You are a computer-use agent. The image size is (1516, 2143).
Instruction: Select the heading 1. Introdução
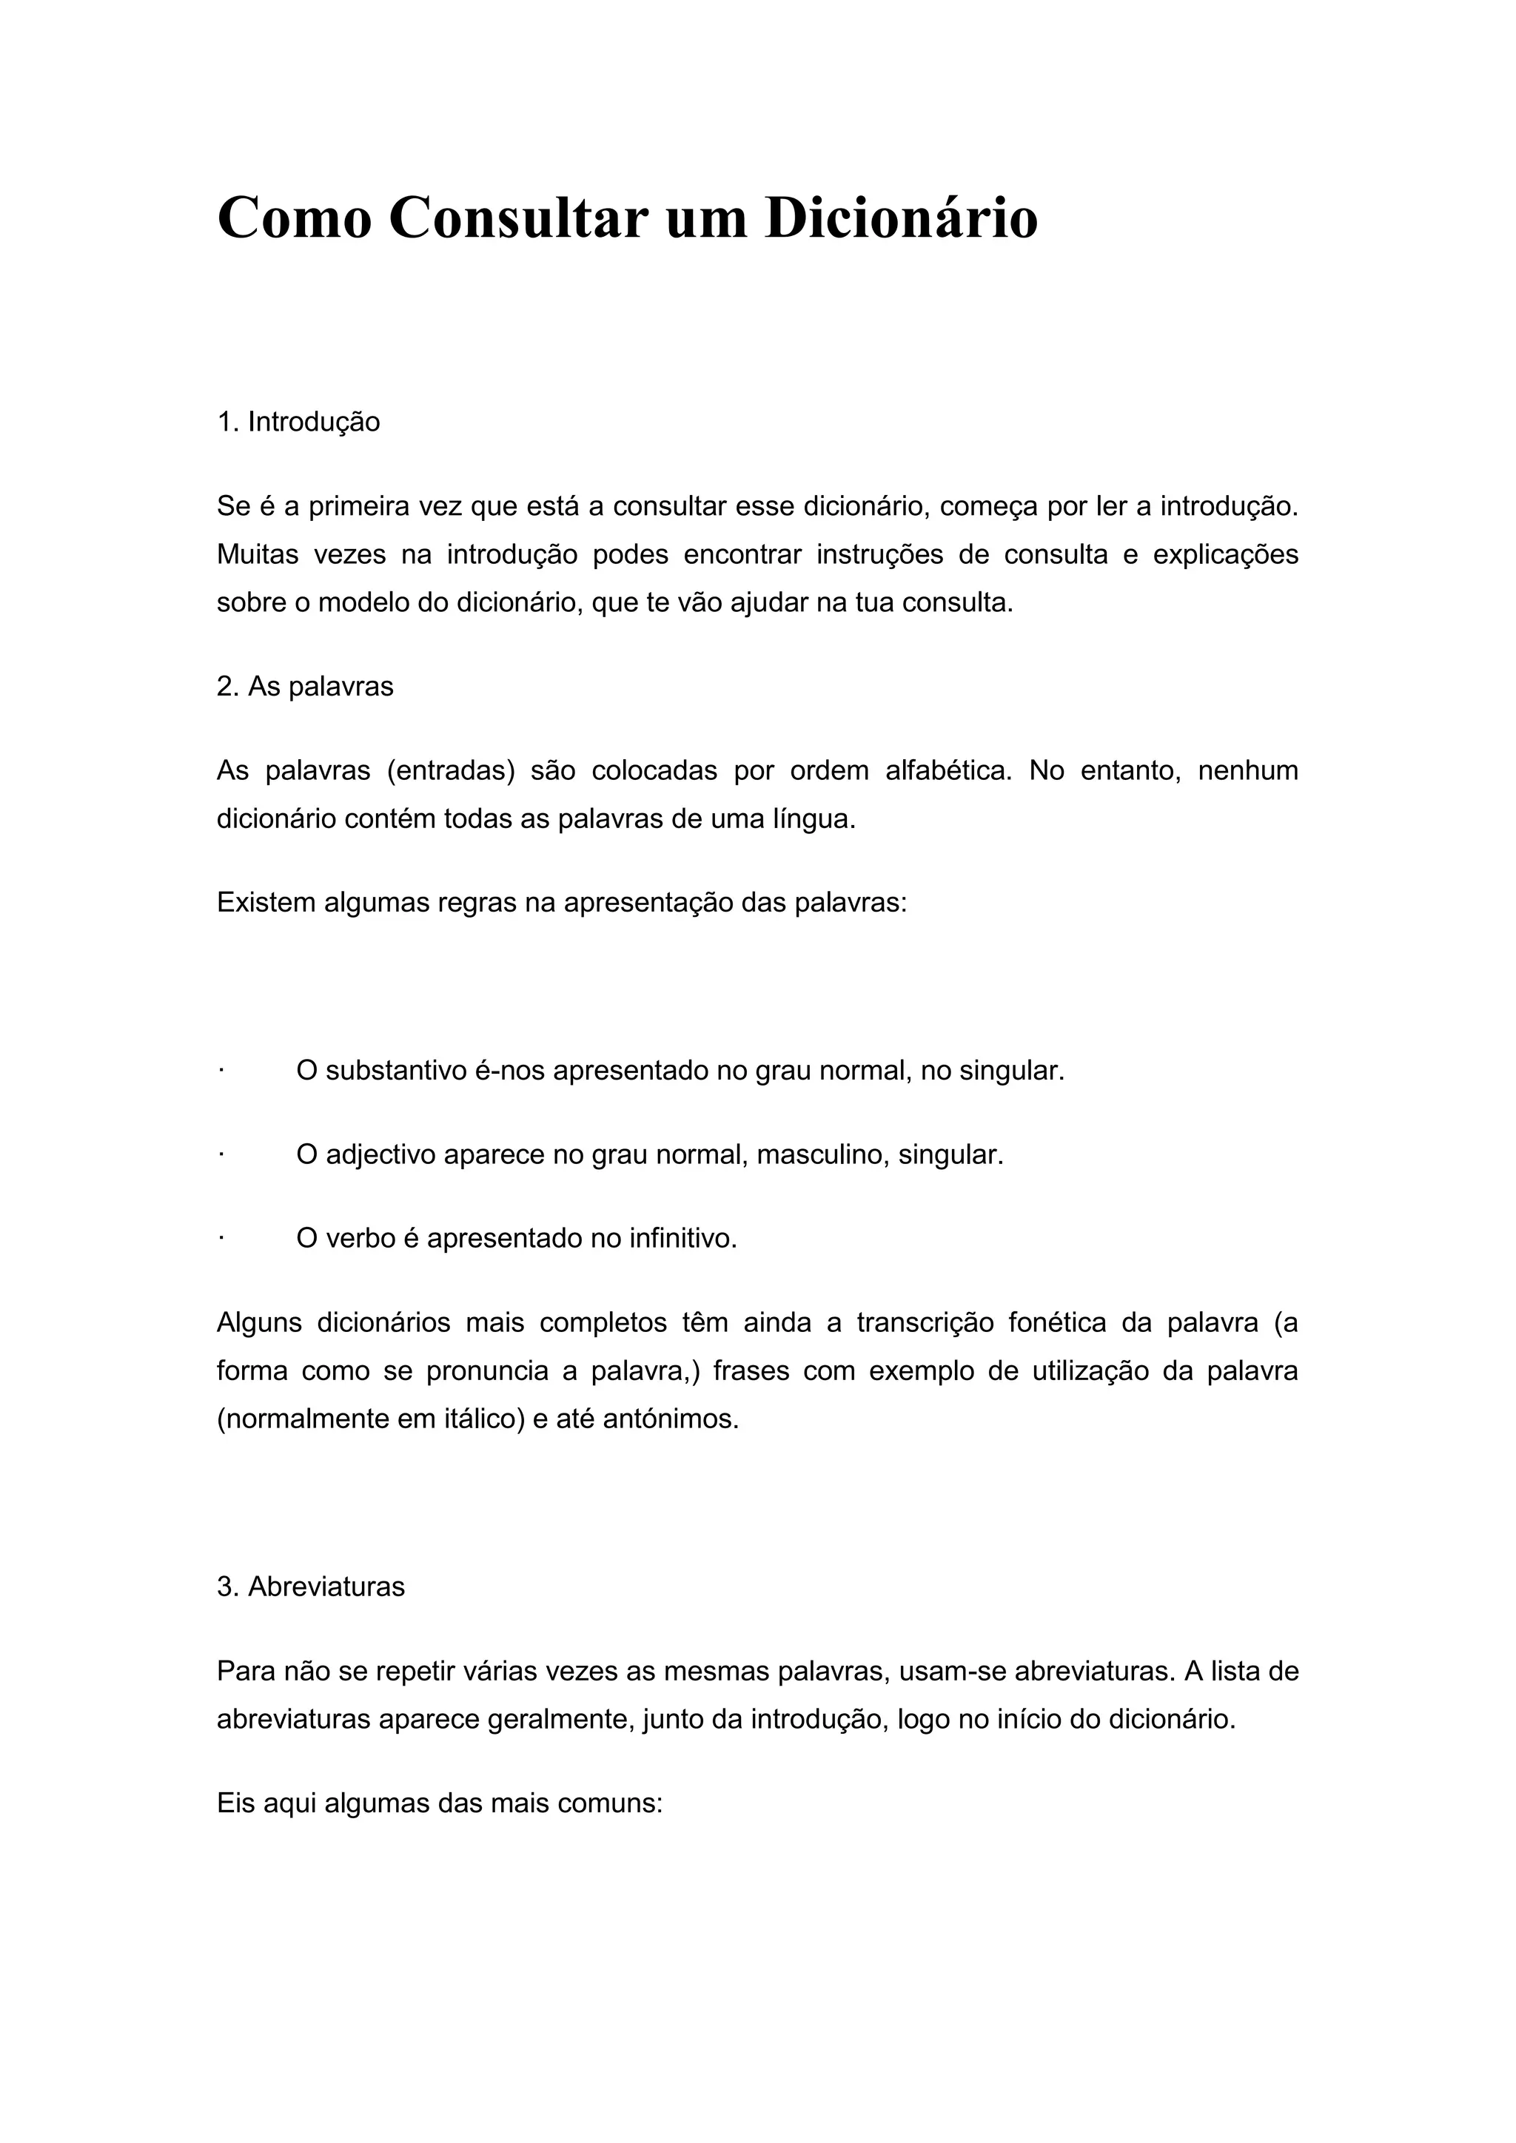click(x=299, y=422)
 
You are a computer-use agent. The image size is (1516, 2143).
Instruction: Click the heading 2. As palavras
click(x=305, y=687)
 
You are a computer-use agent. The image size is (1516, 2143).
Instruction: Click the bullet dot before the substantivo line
click(x=221, y=1071)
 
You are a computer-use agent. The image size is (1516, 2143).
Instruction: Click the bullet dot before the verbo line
click(x=221, y=1239)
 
